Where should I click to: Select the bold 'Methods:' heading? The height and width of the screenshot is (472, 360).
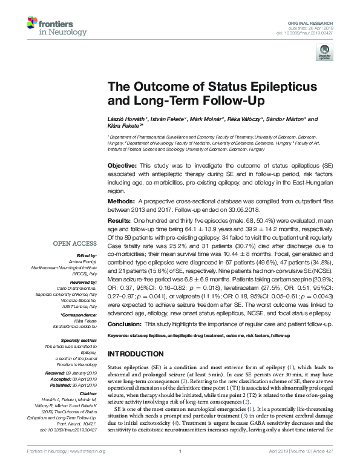click(121, 200)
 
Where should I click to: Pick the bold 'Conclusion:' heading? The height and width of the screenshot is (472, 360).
click(125, 324)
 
